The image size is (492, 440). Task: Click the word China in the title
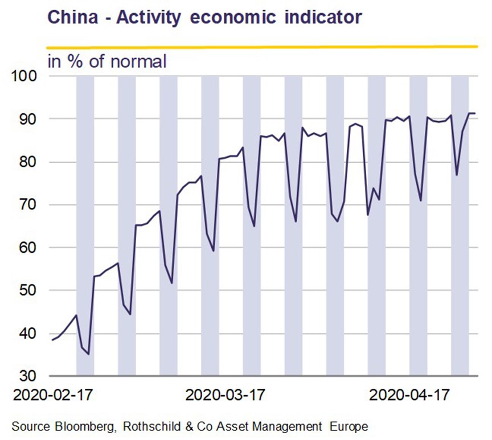pos(72,17)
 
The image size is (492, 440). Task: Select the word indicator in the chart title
pos(323,17)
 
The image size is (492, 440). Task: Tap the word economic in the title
pos(232,17)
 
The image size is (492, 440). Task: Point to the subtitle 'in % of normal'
pos(106,61)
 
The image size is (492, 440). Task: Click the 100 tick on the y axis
pos(24,76)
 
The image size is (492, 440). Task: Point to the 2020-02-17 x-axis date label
pos(53,395)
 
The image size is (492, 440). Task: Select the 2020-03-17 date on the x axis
pos(225,395)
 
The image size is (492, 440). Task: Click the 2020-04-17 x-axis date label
pos(409,395)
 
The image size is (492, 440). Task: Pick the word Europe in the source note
pos(348,426)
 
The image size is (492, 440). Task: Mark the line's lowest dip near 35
pos(89,355)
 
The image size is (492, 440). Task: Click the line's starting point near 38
pos(52,340)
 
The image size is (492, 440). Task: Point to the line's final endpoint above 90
pos(475,113)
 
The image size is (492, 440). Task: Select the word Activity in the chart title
pos(149,18)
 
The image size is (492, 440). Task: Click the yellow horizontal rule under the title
pos(262,47)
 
